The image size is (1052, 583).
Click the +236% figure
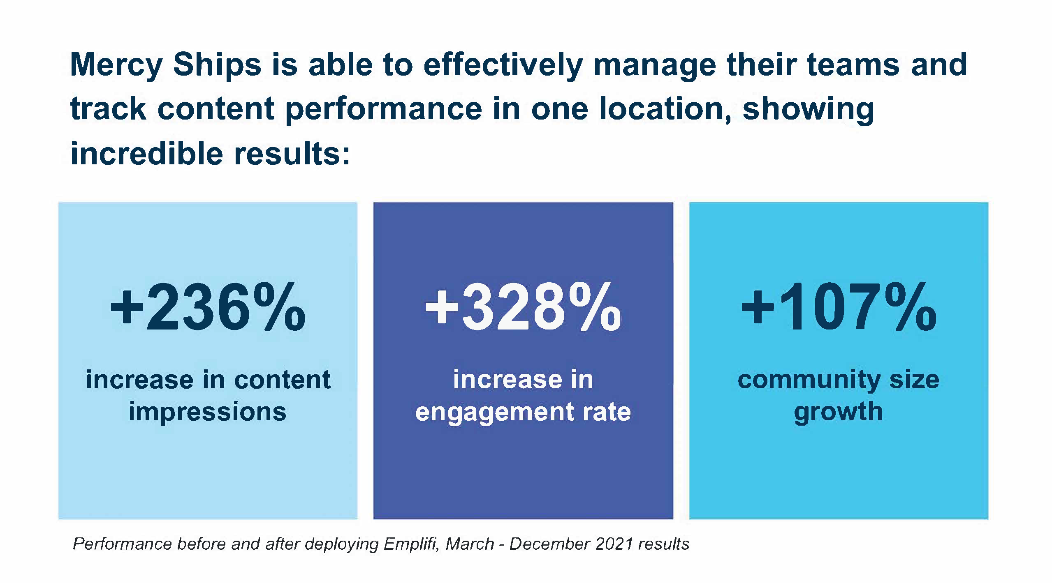pyautogui.click(x=208, y=308)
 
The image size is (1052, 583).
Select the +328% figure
pyautogui.click(x=523, y=308)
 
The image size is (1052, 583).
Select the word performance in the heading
pyautogui.click(x=383, y=109)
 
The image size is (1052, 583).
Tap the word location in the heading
pyautogui.click(x=665, y=109)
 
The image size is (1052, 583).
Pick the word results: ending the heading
pyautogui.click(x=292, y=154)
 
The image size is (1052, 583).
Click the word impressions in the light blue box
pyautogui.click(x=207, y=412)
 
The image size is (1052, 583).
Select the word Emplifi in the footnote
pyautogui.click(x=410, y=544)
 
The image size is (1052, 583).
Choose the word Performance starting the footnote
pyautogui.click(x=122, y=544)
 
